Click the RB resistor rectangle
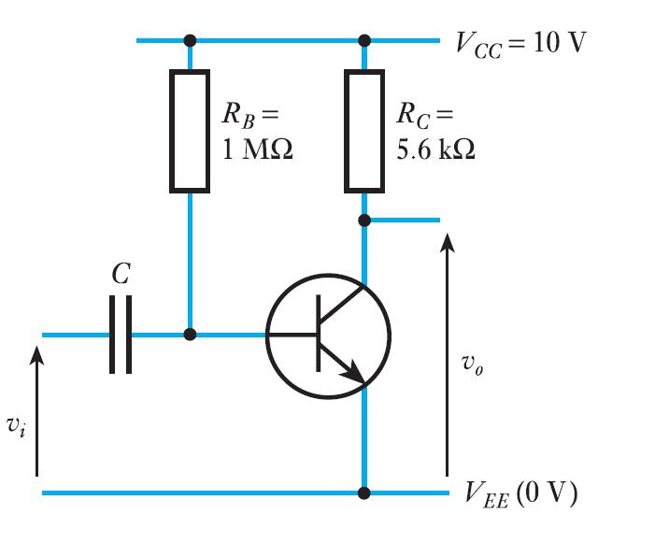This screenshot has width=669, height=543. pyautogui.click(x=190, y=130)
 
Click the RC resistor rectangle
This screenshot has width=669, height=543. pyautogui.click(x=364, y=130)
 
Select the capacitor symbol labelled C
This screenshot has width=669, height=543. pyautogui.click(x=121, y=335)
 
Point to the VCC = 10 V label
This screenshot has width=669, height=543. pyautogui.click(x=519, y=43)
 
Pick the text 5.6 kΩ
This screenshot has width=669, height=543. pyautogui.click(x=434, y=150)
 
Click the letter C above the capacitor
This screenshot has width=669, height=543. pyautogui.click(x=121, y=274)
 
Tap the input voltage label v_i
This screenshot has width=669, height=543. pyautogui.click(x=14, y=425)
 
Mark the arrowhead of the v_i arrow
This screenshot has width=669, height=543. pyautogui.click(x=37, y=355)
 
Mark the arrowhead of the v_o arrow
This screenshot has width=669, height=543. pyautogui.click(x=448, y=242)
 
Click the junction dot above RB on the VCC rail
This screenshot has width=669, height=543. pyautogui.click(x=190, y=40)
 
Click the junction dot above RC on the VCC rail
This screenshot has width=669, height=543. pyautogui.click(x=364, y=40)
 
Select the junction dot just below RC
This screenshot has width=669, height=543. pyautogui.click(x=364, y=221)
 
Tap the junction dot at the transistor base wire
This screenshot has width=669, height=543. pyautogui.click(x=190, y=335)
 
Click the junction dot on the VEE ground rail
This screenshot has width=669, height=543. pyautogui.click(x=364, y=493)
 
